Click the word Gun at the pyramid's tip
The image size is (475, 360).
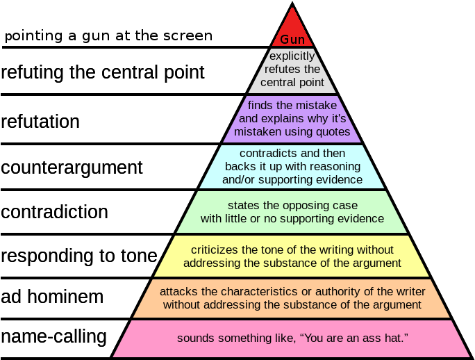(292, 40)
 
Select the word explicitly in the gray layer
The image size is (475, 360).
(292, 56)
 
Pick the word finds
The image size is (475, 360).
(260, 105)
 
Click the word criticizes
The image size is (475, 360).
(215, 249)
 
